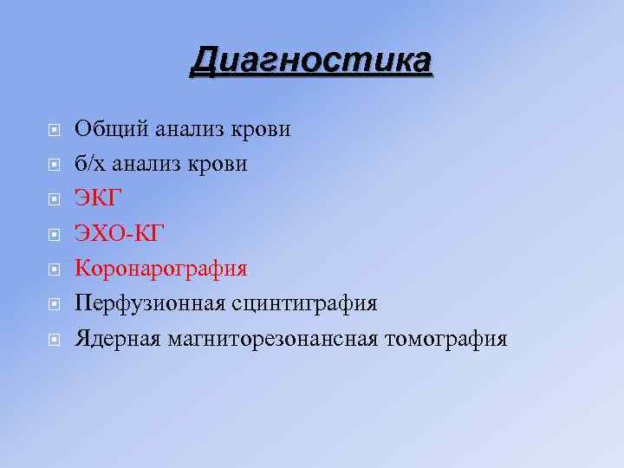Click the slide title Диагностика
coord(311,62)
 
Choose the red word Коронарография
coord(161,269)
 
